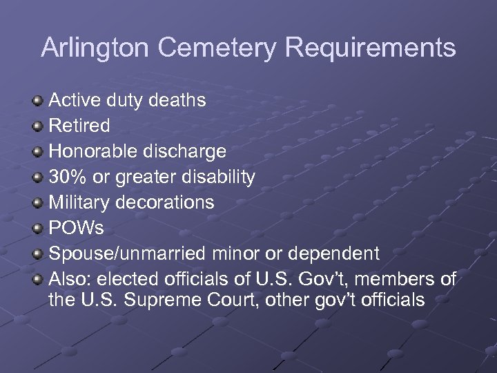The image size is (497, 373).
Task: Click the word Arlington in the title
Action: point(95,48)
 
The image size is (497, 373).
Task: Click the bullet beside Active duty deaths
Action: point(37,101)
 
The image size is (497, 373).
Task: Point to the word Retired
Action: point(79,126)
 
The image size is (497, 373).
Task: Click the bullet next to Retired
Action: point(37,126)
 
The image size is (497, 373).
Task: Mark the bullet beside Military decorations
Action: point(37,202)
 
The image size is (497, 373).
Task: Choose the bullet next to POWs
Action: point(37,228)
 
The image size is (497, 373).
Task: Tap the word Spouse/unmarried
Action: point(127,253)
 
